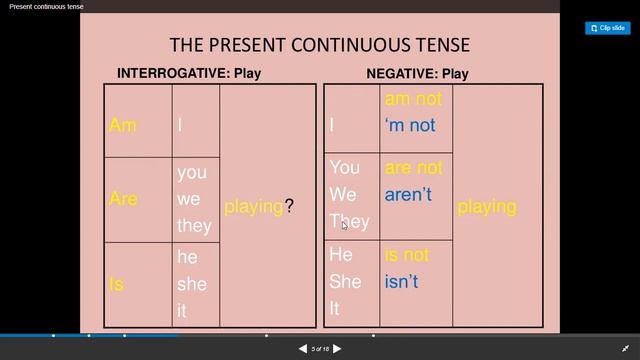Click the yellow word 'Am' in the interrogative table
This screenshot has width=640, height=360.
(122, 125)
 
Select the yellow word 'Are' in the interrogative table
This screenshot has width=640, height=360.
(123, 198)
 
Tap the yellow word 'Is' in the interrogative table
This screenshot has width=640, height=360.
(116, 284)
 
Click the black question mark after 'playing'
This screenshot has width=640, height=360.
(289, 206)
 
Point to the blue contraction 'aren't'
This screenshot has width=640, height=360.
(408, 194)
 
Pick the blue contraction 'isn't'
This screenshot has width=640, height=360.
(401, 282)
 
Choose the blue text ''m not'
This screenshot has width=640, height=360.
(410, 125)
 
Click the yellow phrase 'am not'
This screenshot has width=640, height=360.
(412, 99)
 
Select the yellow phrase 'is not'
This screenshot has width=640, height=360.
(406, 255)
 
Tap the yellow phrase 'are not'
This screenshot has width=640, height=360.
(413, 167)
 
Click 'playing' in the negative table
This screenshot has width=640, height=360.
(487, 206)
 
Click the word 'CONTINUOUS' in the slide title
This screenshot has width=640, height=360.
(343, 45)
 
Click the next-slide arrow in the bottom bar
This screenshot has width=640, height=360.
(337, 349)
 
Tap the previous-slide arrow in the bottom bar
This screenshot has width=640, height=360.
(303, 349)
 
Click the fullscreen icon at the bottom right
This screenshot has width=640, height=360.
(626, 349)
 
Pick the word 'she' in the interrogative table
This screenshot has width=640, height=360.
(192, 284)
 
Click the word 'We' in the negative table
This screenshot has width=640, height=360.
(343, 194)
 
